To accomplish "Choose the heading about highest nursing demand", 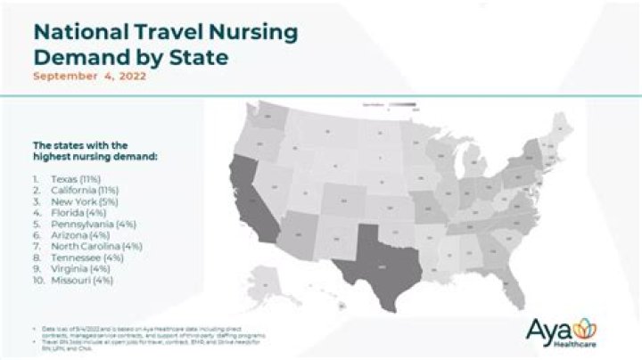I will point(85,151).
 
